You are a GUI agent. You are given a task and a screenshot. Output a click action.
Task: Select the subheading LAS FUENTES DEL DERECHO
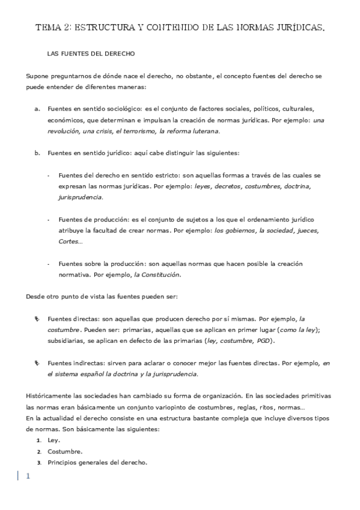90,54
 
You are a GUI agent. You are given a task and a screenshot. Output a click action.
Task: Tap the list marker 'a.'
37,108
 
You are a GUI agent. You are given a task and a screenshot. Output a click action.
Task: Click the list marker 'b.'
37,152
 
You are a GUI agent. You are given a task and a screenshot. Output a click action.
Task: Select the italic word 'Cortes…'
71,241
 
